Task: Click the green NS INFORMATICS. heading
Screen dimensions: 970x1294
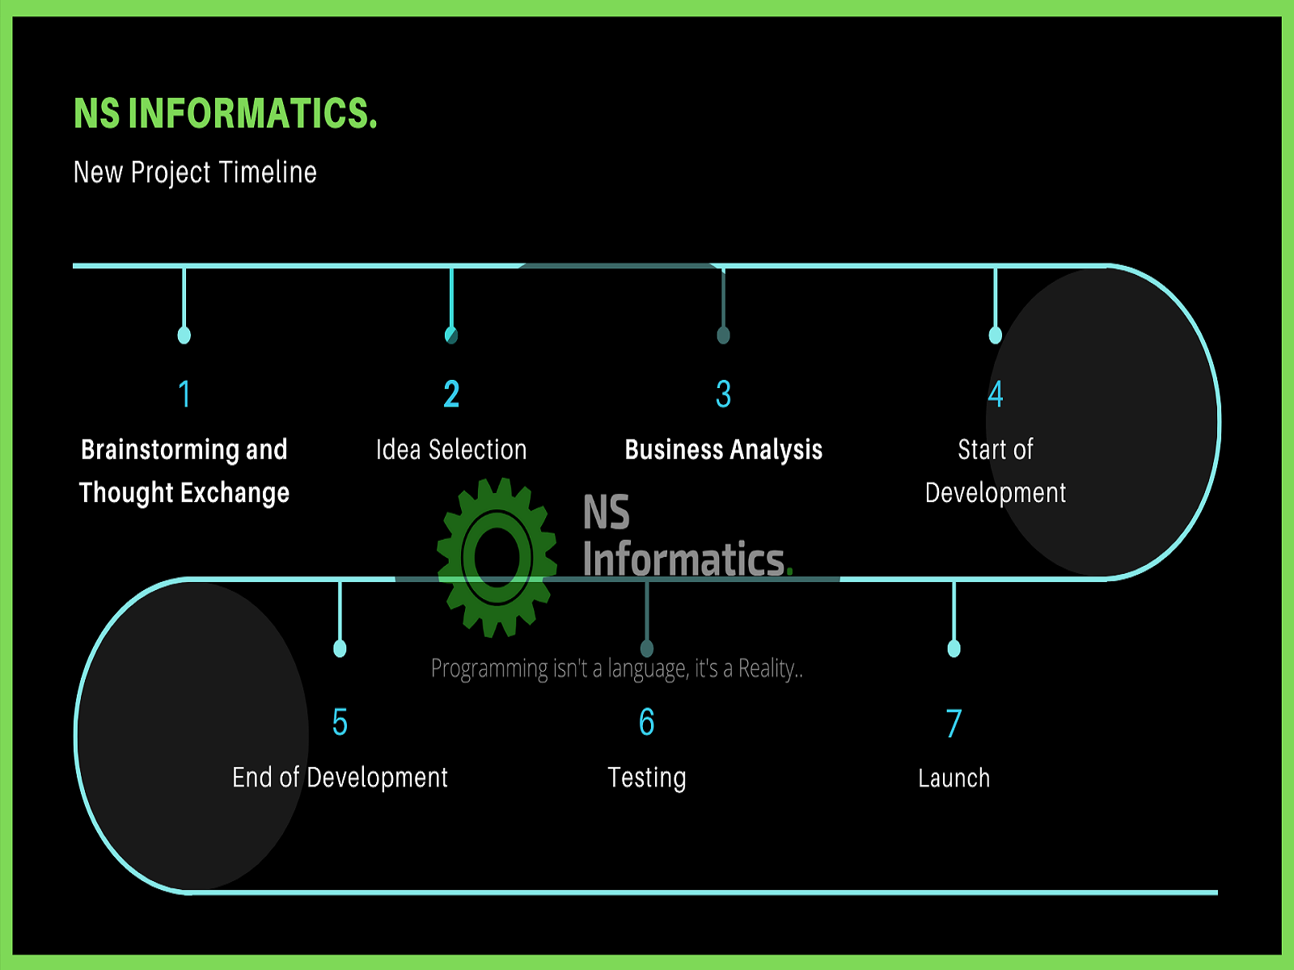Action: click(225, 113)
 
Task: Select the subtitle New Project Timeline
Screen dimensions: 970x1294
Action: click(195, 172)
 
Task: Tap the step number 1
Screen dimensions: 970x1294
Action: click(184, 394)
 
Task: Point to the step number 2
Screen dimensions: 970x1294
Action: click(451, 394)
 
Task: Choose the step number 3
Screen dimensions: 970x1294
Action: click(723, 394)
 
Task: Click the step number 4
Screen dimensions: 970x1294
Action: click(996, 394)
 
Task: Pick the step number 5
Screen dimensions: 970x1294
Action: click(340, 722)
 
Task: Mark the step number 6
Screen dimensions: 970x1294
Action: click(647, 722)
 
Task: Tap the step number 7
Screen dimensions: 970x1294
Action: click(954, 723)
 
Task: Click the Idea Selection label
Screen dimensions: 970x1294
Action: click(451, 449)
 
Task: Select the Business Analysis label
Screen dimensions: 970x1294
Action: click(723, 449)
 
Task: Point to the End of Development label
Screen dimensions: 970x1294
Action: click(340, 778)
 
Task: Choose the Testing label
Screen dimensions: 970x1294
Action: click(647, 778)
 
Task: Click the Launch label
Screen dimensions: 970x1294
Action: click(954, 778)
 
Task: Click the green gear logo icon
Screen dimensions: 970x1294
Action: click(497, 557)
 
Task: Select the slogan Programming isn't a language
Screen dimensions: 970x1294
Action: click(616, 668)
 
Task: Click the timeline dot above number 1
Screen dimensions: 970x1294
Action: click(184, 335)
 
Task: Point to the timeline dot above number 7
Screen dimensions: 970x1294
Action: click(954, 648)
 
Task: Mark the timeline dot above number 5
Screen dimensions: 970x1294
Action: click(340, 648)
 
